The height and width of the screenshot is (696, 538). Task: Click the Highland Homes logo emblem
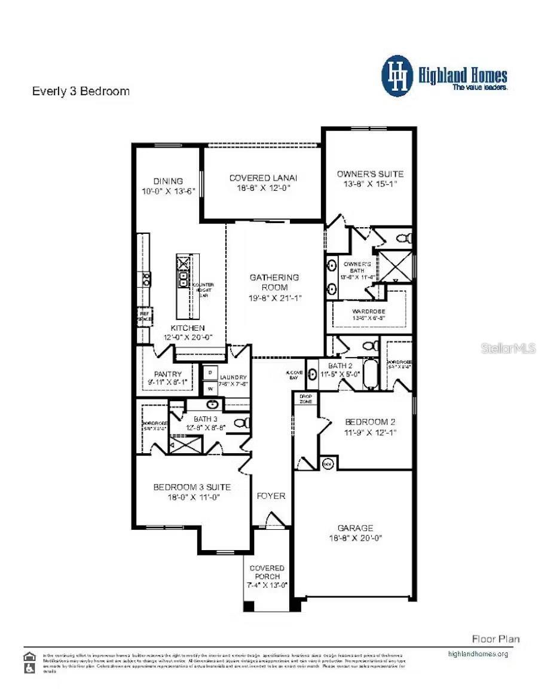[397, 76]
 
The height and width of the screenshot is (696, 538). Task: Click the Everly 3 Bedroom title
[80, 91]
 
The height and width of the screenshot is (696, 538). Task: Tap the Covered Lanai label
[263, 178]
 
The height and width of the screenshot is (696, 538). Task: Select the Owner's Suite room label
[370, 174]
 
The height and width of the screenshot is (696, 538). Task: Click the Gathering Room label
[274, 282]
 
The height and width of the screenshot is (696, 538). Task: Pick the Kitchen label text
[188, 328]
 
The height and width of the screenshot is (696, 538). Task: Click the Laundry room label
[233, 377]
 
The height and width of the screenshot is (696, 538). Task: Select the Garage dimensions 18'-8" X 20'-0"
[355, 538]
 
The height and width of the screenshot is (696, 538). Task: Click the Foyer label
[271, 496]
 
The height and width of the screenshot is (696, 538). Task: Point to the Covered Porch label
[267, 572]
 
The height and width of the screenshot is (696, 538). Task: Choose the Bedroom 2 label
[370, 422]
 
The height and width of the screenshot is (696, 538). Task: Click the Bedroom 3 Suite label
[191, 487]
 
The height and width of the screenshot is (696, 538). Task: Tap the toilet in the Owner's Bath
[405, 239]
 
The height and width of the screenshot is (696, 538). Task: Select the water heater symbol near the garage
[328, 463]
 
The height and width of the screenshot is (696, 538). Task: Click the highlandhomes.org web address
[478, 654]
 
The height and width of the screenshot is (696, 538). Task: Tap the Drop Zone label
[305, 398]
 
